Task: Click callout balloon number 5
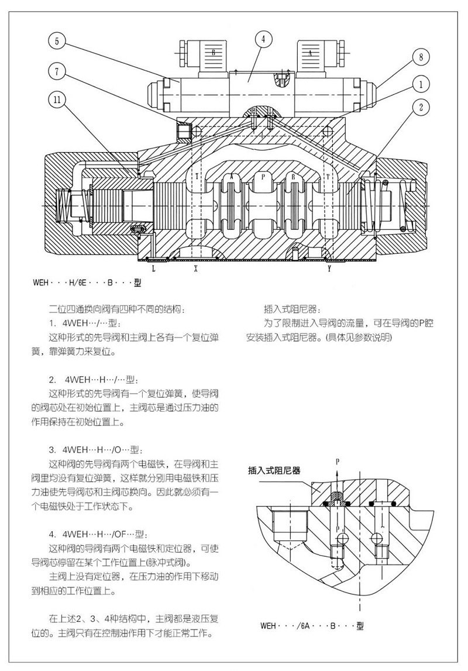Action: (57, 42)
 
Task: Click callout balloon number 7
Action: (57, 71)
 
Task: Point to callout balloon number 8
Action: (421, 57)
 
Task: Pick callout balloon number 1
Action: (421, 84)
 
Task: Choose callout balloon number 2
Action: (421, 106)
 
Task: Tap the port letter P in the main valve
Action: (263, 176)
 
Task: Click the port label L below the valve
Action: (154, 269)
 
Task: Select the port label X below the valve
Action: (195, 269)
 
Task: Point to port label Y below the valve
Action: (329, 269)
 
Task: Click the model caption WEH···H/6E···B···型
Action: (87, 283)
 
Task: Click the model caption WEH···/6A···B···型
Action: (312, 625)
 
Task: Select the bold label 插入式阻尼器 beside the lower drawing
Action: (274, 471)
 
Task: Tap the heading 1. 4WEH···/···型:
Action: (86, 323)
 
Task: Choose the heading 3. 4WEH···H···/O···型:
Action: (96, 450)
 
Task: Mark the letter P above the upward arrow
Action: (338, 461)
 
